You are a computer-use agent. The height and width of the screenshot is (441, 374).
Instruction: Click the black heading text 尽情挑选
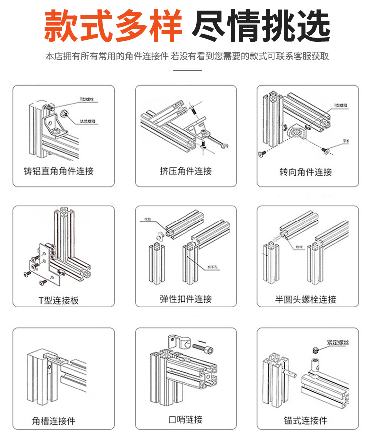pyautogui.click(x=261, y=25)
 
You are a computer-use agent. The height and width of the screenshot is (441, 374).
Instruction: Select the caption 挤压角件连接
pyautogui.click(x=186, y=171)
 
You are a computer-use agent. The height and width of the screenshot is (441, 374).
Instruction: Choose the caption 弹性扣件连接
pyautogui.click(x=186, y=299)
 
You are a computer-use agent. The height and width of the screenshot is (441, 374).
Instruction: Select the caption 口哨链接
pyautogui.click(x=186, y=420)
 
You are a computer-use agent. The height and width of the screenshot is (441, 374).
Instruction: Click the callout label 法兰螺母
pyautogui.click(x=87, y=121)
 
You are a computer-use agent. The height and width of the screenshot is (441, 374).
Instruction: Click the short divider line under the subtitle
pyautogui.click(x=187, y=70)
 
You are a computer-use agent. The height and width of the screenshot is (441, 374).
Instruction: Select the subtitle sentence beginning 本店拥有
pyautogui.click(x=187, y=56)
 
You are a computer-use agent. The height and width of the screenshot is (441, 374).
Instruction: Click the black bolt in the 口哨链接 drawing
pyautogui.click(x=203, y=346)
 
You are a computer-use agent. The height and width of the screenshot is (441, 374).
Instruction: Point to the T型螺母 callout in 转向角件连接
pyautogui.click(x=341, y=105)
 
